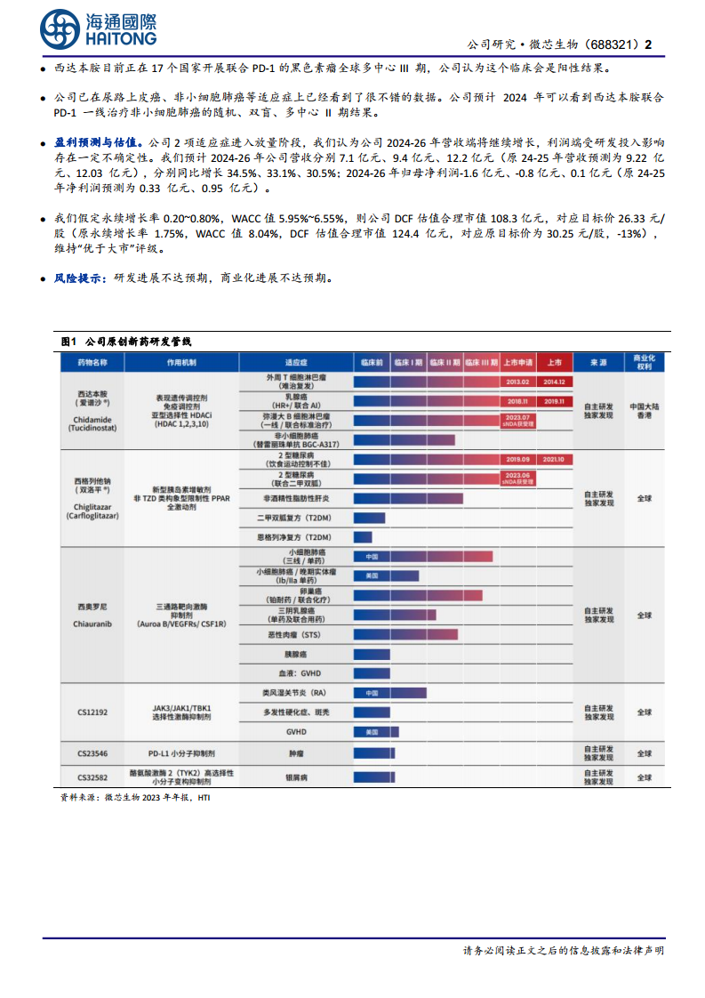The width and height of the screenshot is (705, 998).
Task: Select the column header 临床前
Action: pyautogui.click(x=372, y=362)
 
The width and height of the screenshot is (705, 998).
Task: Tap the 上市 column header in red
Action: pyautogui.click(x=554, y=362)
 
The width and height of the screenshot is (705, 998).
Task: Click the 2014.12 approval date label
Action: pyautogui.click(x=554, y=382)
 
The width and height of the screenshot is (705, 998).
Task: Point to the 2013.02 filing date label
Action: pyautogui.click(x=517, y=382)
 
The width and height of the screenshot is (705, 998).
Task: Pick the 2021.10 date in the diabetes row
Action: pyautogui.click(x=554, y=459)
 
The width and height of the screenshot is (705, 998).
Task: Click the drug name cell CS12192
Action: pyautogui.click(x=92, y=712)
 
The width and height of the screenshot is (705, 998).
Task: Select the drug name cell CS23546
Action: pyautogui.click(x=92, y=753)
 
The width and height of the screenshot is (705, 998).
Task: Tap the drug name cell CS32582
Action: pyautogui.click(x=92, y=776)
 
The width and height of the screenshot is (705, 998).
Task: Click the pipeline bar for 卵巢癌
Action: pyautogui.click(x=418, y=595)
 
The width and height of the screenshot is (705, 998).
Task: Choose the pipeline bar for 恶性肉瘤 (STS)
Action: pyautogui.click(x=405, y=634)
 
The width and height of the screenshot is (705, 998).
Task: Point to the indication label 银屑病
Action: pyautogui.click(x=295, y=776)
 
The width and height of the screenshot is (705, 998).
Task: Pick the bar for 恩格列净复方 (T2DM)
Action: pyautogui.click(x=363, y=537)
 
